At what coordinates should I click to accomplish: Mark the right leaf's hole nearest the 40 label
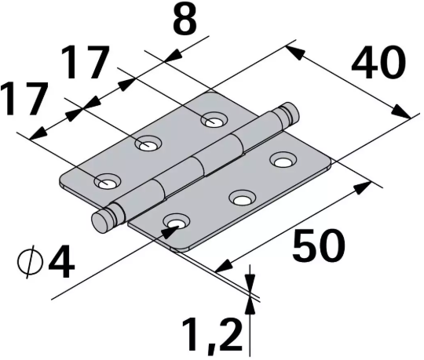click(281, 162)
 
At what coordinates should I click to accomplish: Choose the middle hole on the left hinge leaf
click(147, 144)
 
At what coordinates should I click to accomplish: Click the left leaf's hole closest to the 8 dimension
click(212, 119)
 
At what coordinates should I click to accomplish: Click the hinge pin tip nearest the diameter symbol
click(101, 222)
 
